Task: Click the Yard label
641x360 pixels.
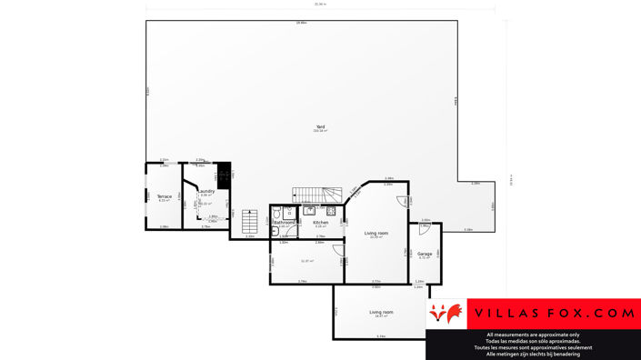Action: [320, 126]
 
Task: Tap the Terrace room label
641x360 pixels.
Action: [164, 196]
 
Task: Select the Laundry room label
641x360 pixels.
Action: [207, 191]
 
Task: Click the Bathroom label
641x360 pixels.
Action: [285, 222]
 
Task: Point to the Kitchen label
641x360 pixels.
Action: [320, 222]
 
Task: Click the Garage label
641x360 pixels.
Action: [425, 254]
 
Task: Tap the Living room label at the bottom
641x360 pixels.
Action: [381, 312]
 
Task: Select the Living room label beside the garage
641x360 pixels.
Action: [376, 234]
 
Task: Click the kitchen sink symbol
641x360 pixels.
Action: [309, 211]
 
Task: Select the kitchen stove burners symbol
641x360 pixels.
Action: [331, 211]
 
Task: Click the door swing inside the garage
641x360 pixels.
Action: [424, 230]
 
